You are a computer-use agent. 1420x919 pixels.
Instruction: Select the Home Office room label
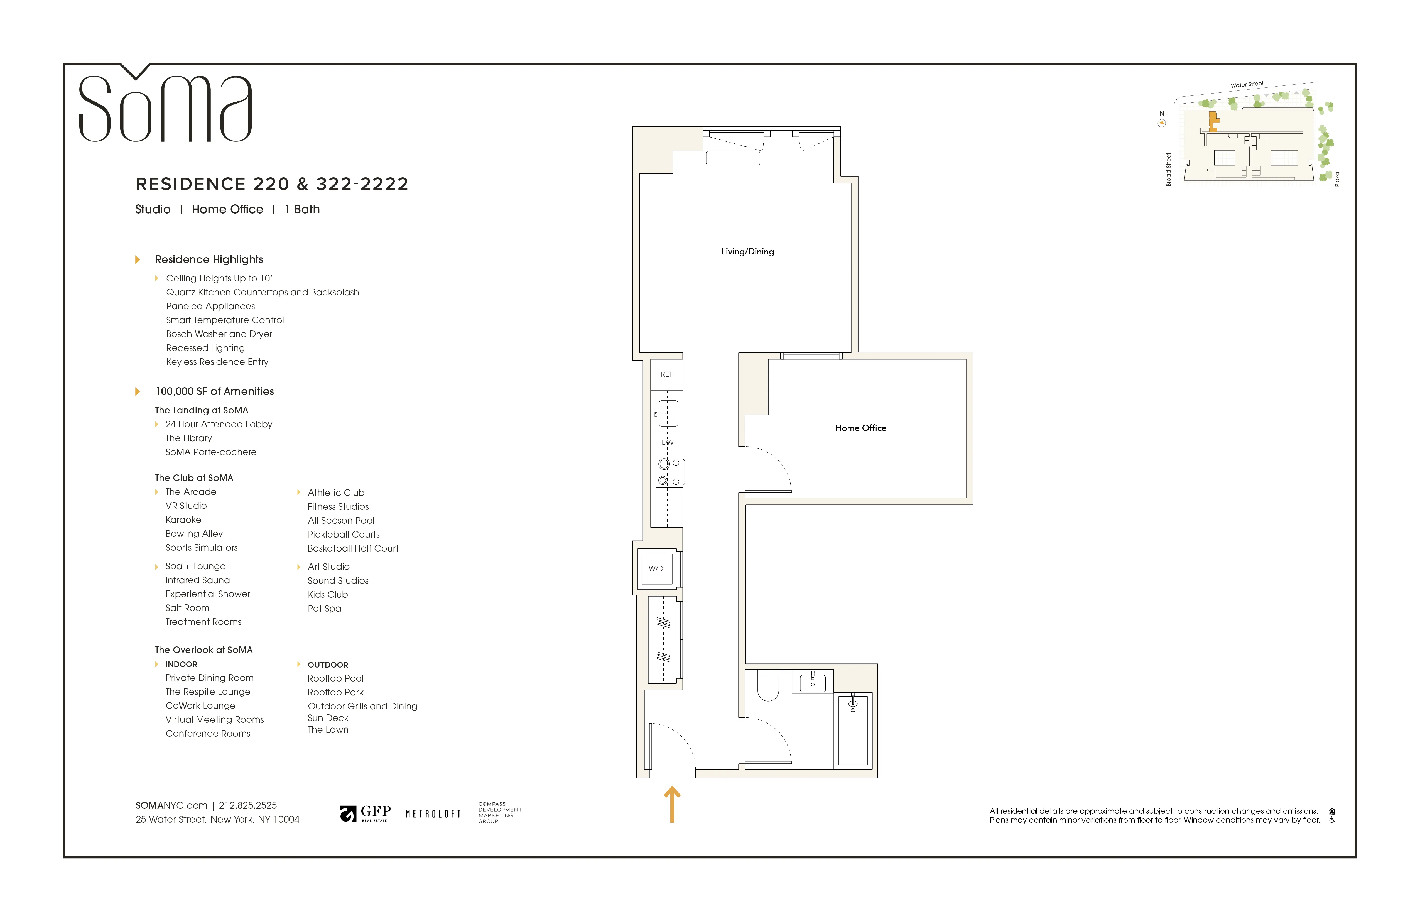tap(860, 428)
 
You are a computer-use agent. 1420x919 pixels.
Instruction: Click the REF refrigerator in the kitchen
tap(666, 374)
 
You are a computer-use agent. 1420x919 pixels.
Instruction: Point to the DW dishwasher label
tap(667, 442)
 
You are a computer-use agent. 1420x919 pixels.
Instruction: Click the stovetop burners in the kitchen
tap(669, 472)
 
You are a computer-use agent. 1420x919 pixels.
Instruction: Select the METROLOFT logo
tap(433, 814)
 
